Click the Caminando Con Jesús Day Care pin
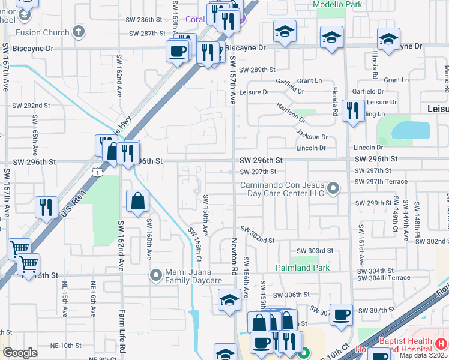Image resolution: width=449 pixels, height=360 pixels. [334, 189]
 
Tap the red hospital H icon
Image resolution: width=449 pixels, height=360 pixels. [441, 344]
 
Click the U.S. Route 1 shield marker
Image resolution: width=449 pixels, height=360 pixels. [97, 172]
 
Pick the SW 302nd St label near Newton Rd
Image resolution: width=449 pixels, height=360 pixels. [258, 234]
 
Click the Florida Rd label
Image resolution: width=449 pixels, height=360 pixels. [335, 100]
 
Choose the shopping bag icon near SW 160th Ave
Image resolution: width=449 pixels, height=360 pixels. [137, 201]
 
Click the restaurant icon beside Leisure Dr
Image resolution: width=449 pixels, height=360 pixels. [352, 110]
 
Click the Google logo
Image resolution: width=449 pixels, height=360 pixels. [20, 353]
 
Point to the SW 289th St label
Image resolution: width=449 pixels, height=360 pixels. [258, 70]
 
